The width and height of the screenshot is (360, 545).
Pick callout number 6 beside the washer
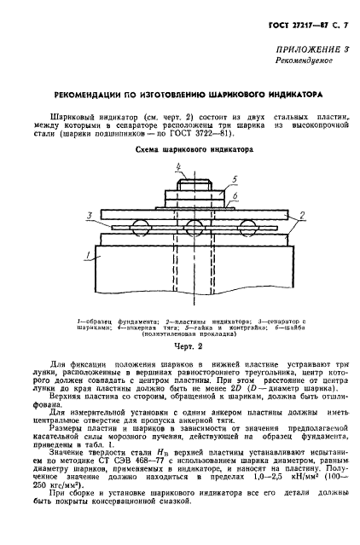tap(233, 195)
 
